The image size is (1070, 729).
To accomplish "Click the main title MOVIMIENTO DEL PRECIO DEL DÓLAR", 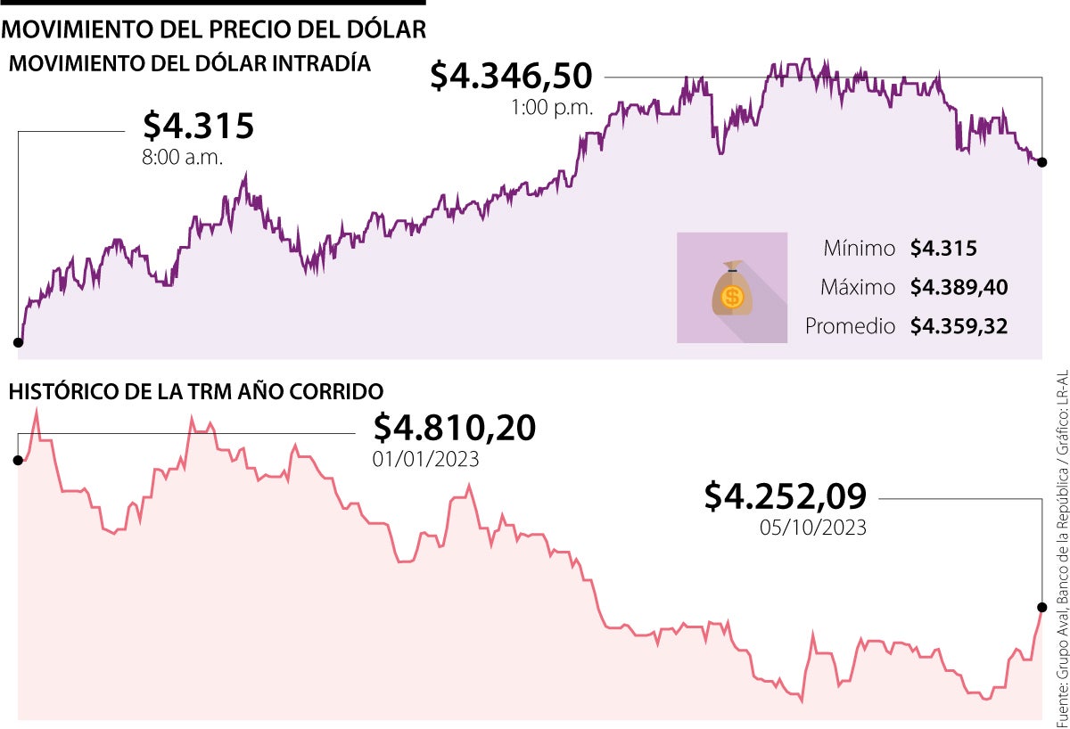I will [215, 30].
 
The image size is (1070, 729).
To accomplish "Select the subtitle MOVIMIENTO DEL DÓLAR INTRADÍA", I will [189, 64].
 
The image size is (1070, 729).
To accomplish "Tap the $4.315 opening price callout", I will [199, 127].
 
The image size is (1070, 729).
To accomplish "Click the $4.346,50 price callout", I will [511, 76].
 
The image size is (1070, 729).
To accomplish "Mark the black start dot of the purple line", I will [18, 342].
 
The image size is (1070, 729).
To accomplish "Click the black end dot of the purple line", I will [1041, 162].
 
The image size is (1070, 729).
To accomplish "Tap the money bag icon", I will [732, 287].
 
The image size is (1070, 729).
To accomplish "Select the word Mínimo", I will [859, 249].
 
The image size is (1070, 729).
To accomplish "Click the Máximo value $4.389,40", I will [959, 288].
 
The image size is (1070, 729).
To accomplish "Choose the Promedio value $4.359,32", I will [959, 327].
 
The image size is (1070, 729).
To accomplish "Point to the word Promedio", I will [850, 327].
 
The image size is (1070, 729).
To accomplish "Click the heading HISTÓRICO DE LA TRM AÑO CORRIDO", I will [196, 391].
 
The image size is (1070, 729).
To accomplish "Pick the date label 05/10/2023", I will [813, 528].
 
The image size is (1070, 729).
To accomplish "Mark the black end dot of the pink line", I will [1041, 608].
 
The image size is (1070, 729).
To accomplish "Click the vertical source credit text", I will [1061, 544].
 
